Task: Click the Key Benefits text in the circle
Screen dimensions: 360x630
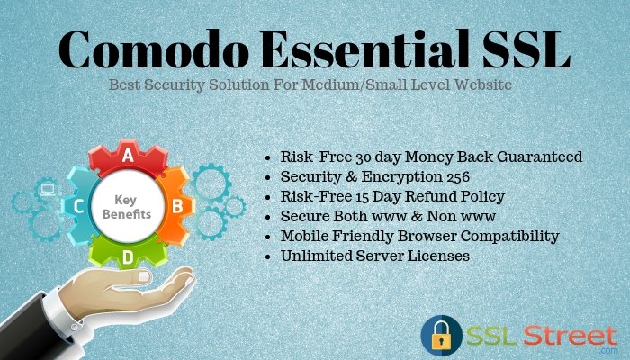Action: (129, 206)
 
